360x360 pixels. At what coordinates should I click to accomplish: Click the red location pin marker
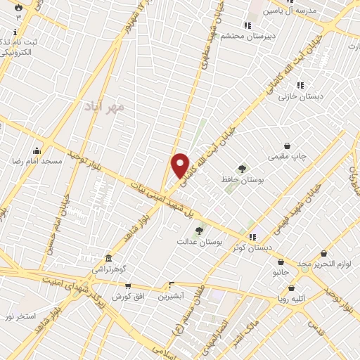pyautogui.click(x=181, y=165)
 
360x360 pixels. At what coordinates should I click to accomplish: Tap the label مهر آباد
pyautogui.click(x=108, y=105)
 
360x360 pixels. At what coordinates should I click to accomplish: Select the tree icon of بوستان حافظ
pyautogui.click(x=243, y=168)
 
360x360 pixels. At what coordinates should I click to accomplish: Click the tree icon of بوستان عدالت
pyautogui.click(x=200, y=230)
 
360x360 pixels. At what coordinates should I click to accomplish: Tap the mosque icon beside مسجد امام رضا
pyautogui.click(x=37, y=150)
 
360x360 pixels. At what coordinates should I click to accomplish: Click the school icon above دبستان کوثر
pyautogui.click(x=252, y=235)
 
